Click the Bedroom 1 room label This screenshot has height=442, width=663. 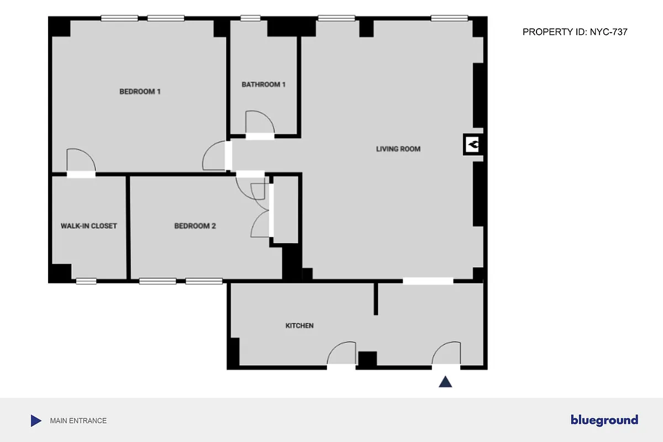[x=140, y=92]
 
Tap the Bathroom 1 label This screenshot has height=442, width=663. [x=264, y=85]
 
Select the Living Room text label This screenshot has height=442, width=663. [x=398, y=149]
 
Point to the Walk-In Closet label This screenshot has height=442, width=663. [x=88, y=226]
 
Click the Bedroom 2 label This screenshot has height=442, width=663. [x=194, y=226]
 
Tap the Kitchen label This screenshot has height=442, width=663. [x=299, y=326]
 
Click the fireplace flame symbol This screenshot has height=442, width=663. [x=473, y=145]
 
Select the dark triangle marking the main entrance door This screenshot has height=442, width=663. [x=445, y=382]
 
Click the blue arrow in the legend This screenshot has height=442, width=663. [x=36, y=421]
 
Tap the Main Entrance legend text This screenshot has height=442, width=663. [x=78, y=421]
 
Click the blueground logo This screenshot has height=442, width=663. [x=604, y=420]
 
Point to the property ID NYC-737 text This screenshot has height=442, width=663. [x=575, y=33]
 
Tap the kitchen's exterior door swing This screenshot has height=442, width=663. [x=341, y=354]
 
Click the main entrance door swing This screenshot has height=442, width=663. [x=446, y=354]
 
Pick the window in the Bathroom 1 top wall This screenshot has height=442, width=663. [x=250, y=18]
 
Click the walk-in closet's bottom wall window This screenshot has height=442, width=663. [x=86, y=281]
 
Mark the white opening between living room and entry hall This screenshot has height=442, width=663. [x=428, y=281]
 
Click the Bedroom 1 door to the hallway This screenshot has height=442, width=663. [x=215, y=156]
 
